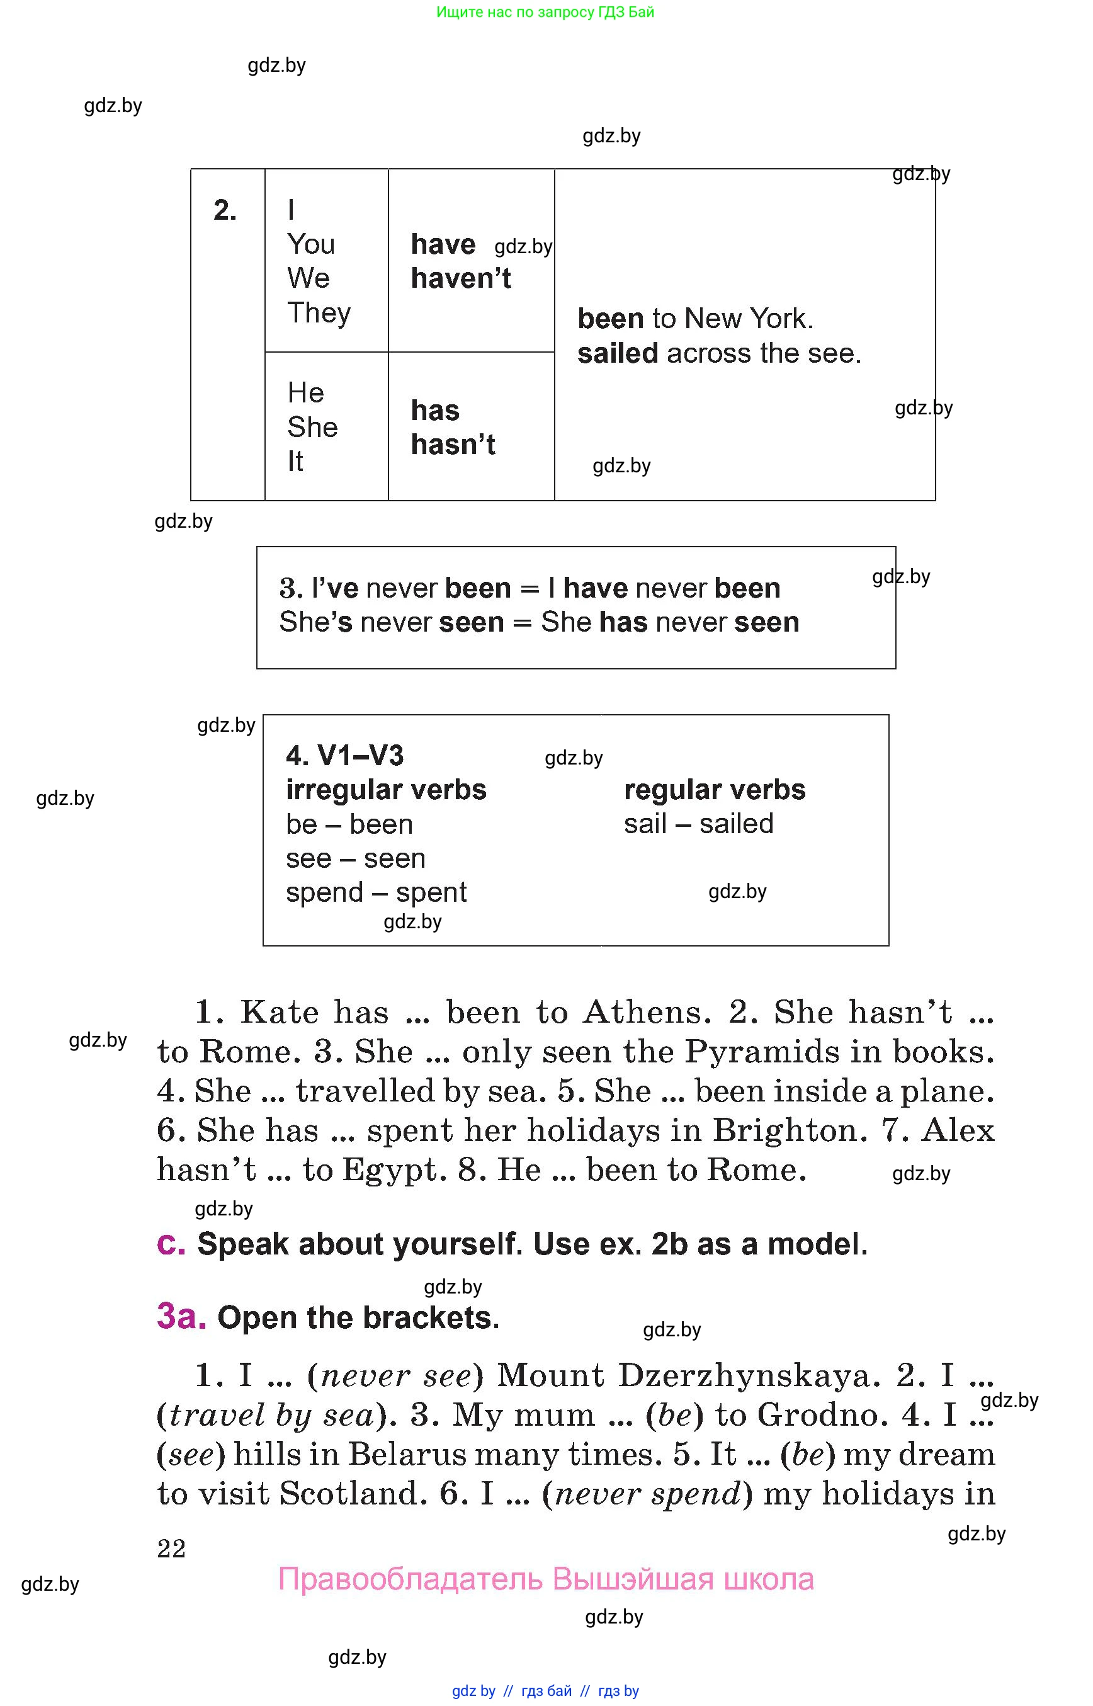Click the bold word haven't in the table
coord(461,278)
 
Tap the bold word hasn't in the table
coord(453,445)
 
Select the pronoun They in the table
coord(319,313)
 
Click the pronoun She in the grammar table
coord(312,427)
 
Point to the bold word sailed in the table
coord(618,353)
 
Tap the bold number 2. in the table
coord(225,210)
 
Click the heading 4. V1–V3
coord(345,755)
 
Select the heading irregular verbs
coord(386,790)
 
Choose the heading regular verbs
coord(715,790)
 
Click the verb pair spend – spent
coord(376,892)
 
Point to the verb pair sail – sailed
coord(698,824)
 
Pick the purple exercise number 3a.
coord(181,1316)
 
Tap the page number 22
coord(171,1548)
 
